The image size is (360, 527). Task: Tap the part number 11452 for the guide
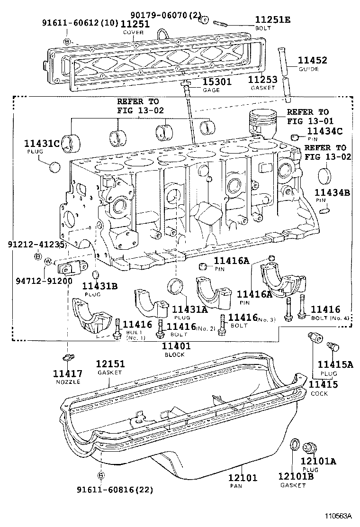pos(312,61)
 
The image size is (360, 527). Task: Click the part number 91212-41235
pos(36,245)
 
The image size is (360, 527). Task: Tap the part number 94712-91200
pos(44,280)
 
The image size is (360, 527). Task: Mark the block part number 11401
pos(176,346)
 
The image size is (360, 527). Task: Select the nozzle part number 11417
pos(68,373)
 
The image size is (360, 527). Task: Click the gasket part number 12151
pos(110,364)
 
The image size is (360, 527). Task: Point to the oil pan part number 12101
pos(242,478)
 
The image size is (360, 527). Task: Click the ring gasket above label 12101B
pos(295,444)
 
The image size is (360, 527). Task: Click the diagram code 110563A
pos(338,516)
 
